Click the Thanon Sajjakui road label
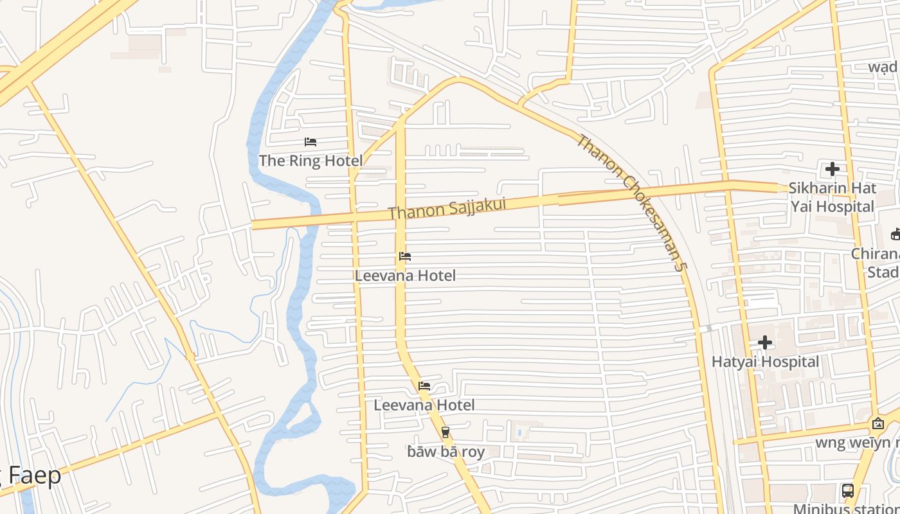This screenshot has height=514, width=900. [x=447, y=208]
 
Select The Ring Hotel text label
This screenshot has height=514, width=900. [x=310, y=161]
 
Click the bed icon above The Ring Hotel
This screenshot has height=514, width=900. [x=310, y=142]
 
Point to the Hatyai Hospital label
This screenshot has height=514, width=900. [x=765, y=362]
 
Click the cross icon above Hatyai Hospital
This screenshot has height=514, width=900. [x=765, y=342]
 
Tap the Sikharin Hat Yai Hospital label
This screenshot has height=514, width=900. [x=832, y=197]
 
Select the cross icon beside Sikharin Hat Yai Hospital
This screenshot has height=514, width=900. [x=833, y=169]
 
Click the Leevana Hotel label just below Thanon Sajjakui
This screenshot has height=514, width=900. [x=405, y=276]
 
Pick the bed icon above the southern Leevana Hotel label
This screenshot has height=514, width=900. [x=424, y=386]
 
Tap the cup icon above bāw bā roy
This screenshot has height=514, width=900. [x=446, y=432]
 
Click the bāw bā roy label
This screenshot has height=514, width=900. [x=446, y=452]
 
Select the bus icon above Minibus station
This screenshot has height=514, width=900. [x=848, y=491]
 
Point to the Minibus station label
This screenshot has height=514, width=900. [x=845, y=509]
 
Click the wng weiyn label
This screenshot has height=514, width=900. [x=858, y=443]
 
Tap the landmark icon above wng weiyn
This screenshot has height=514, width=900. [x=878, y=423]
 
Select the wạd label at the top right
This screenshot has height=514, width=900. [x=883, y=67]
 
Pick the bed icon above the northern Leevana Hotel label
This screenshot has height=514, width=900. [x=405, y=256]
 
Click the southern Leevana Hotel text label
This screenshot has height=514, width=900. [x=424, y=405]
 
